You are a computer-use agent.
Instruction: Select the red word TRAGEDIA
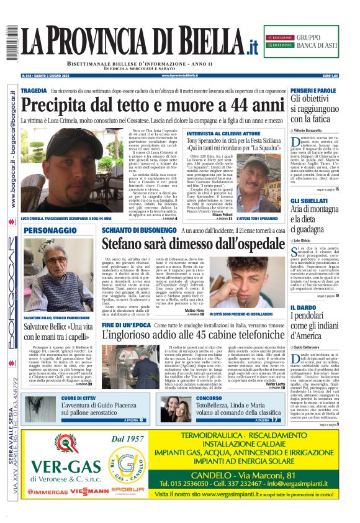coord(34,91)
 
